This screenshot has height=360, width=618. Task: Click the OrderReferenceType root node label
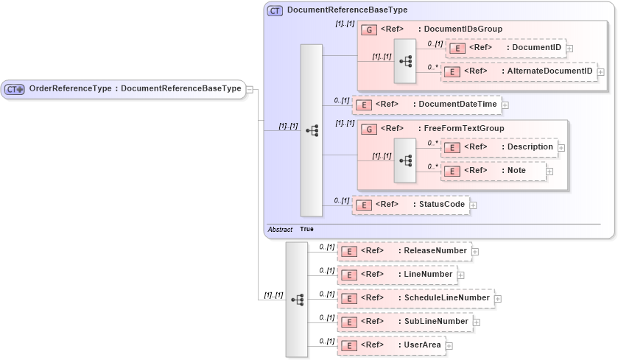[135, 89]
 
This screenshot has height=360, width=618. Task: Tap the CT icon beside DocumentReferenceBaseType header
[275, 10]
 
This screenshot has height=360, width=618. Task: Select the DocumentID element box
[505, 48]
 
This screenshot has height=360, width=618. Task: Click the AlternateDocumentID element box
[519, 71]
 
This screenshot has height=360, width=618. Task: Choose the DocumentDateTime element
[426, 105]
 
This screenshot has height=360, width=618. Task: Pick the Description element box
[500, 147]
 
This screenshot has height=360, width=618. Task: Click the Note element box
[493, 171]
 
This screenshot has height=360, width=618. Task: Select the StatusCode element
[410, 205]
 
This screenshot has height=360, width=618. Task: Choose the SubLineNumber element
[404, 322]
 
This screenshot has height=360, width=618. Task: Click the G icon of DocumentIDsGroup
[368, 29]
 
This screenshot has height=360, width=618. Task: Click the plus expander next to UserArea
[449, 346]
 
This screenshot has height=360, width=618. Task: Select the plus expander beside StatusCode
[474, 205]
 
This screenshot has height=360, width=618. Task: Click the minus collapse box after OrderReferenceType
[250, 90]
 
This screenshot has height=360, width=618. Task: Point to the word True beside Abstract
[306, 230]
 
